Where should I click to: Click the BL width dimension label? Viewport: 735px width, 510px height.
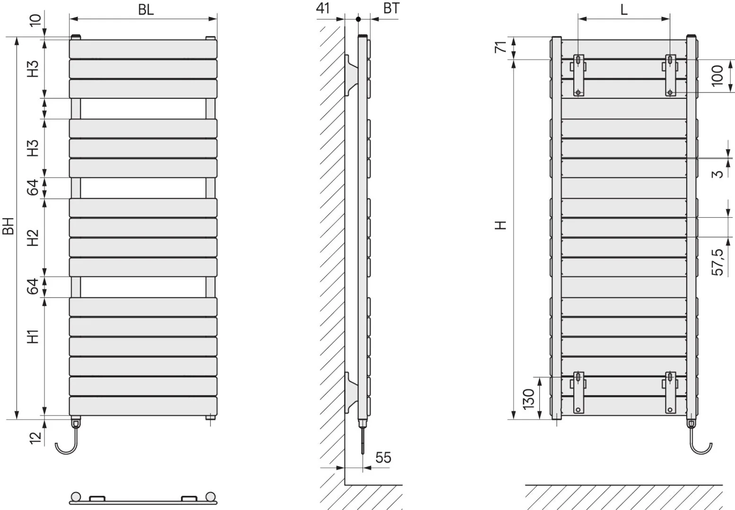click(146, 10)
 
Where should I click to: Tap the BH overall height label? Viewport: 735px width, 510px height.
click(8, 226)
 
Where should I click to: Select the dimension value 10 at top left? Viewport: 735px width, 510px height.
click(35, 20)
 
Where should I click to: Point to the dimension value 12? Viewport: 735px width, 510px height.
click(35, 438)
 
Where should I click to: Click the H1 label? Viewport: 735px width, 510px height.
click(33, 337)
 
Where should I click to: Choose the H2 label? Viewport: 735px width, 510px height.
click(33, 238)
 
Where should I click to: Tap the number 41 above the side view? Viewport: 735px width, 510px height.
click(323, 8)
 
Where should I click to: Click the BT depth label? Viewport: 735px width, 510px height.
click(391, 8)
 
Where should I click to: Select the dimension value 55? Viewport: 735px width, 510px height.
click(383, 458)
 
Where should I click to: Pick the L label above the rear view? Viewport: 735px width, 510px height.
click(624, 10)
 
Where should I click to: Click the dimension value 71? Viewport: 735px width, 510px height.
click(501, 47)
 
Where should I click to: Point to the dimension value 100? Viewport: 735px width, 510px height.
click(718, 76)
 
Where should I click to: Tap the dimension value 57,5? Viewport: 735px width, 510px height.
click(718, 262)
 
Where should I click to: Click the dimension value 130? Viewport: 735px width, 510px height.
click(528, 399)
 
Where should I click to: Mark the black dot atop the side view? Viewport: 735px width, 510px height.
click(358, 19)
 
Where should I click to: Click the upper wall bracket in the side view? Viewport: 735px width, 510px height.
click(351, 75)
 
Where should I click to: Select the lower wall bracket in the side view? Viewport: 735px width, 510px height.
click(351, 393)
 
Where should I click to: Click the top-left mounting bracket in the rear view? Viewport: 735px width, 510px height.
click(578, 75)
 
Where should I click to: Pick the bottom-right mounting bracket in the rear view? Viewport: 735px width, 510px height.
click(670, 392)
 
